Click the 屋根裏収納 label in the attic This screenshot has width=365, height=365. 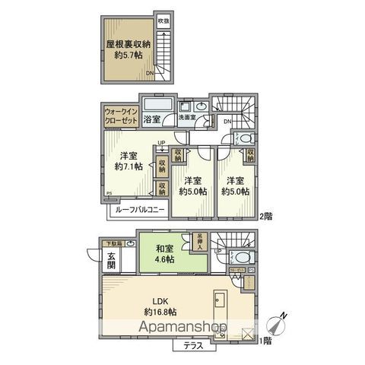[x=127, y=45]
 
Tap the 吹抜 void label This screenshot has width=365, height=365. [x=163, y=21]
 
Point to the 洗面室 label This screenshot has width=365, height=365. [x=186, y=118]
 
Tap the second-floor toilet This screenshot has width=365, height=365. [x=243, y=137]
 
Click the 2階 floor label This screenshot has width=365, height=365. [x=265, y=216]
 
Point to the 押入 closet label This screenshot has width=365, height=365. [x=199, y=240]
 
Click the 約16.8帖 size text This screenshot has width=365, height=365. [x=160, y=312]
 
